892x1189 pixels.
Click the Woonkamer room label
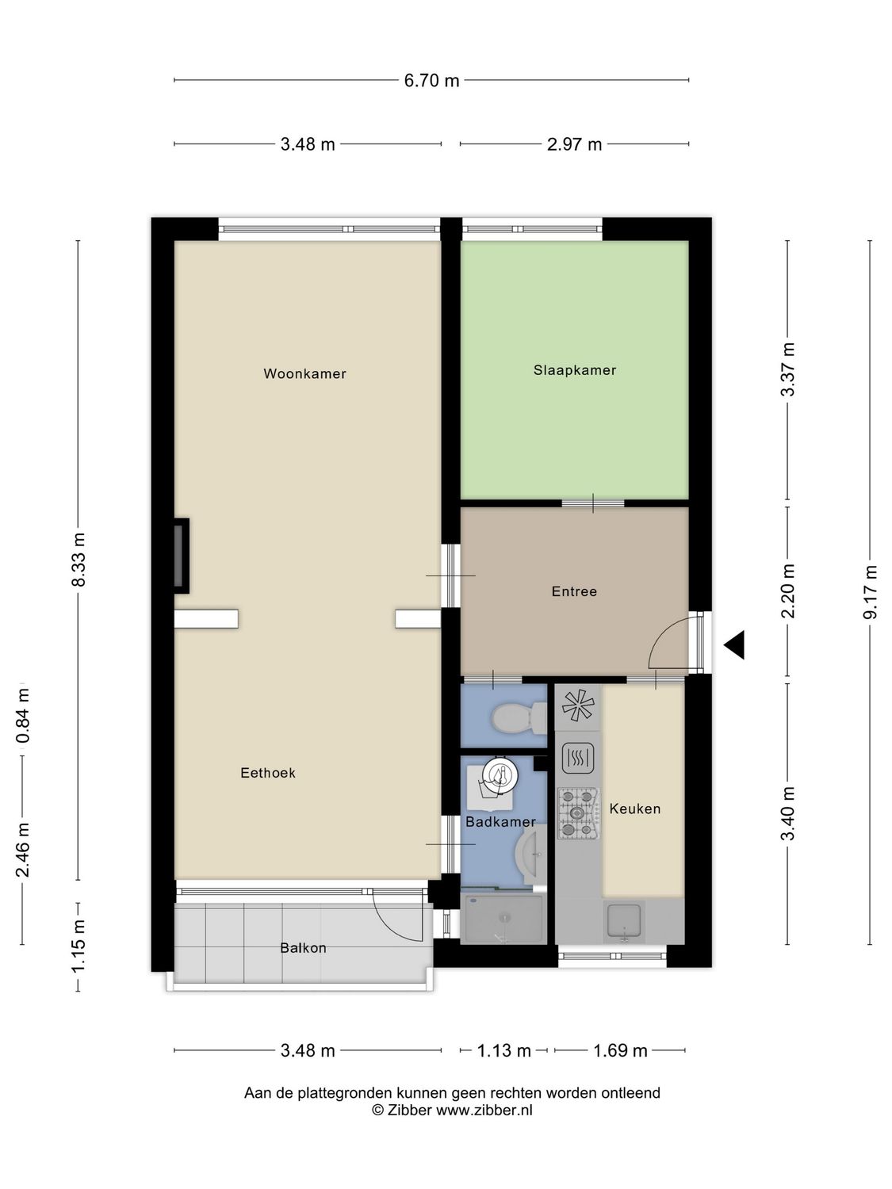tap(304, 373)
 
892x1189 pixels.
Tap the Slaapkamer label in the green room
tap(574, 370)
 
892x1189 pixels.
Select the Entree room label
tap(574, 591)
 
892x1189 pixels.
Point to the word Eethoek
tap(268, 773)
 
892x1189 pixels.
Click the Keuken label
tap(634, 809)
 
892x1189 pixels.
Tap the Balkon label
tap(303, 948)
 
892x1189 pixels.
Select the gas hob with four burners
tap(577, 813)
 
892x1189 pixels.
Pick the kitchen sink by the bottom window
tap(625, 921)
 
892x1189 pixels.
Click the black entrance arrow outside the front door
tap(735, 644)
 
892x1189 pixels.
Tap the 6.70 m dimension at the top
tap(431, 80)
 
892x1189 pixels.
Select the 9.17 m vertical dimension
tap(871, 592)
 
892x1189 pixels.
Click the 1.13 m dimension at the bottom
tap(503, 1051)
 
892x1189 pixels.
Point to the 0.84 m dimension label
tap(23, 716)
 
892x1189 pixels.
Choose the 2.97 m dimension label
tap(574, 144)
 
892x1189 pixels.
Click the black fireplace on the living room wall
tap(182, 555)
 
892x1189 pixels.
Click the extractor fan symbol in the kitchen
tap(577, 705)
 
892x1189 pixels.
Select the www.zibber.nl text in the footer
tap(484, 1111)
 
